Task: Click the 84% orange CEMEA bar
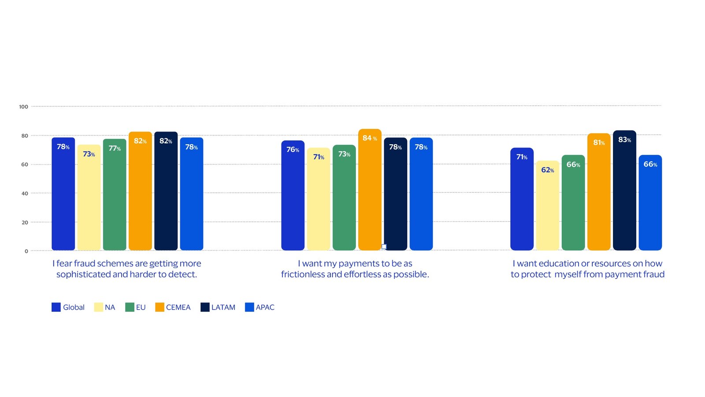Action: (x=370, y=190)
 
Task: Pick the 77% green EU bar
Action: (x=115, y=195)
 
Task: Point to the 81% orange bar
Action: (x=599, y=192)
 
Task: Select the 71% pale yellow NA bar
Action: (x=318, y=199)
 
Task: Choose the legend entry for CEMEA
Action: (x=173, y=307)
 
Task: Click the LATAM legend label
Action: (x=223, y=307)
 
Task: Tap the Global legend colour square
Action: (x=56, y=307)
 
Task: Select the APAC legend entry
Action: (x=260, y=307)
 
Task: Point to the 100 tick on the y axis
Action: (x=23, y=107)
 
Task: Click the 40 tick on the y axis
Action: (x=25, y=194)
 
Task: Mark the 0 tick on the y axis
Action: (x=26, y=251)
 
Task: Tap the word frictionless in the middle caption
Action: (x=302, y=274)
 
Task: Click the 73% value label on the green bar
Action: (x=344, y=154)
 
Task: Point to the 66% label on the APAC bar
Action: (x=650, y=165)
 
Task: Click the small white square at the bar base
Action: (x=384, y=247)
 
